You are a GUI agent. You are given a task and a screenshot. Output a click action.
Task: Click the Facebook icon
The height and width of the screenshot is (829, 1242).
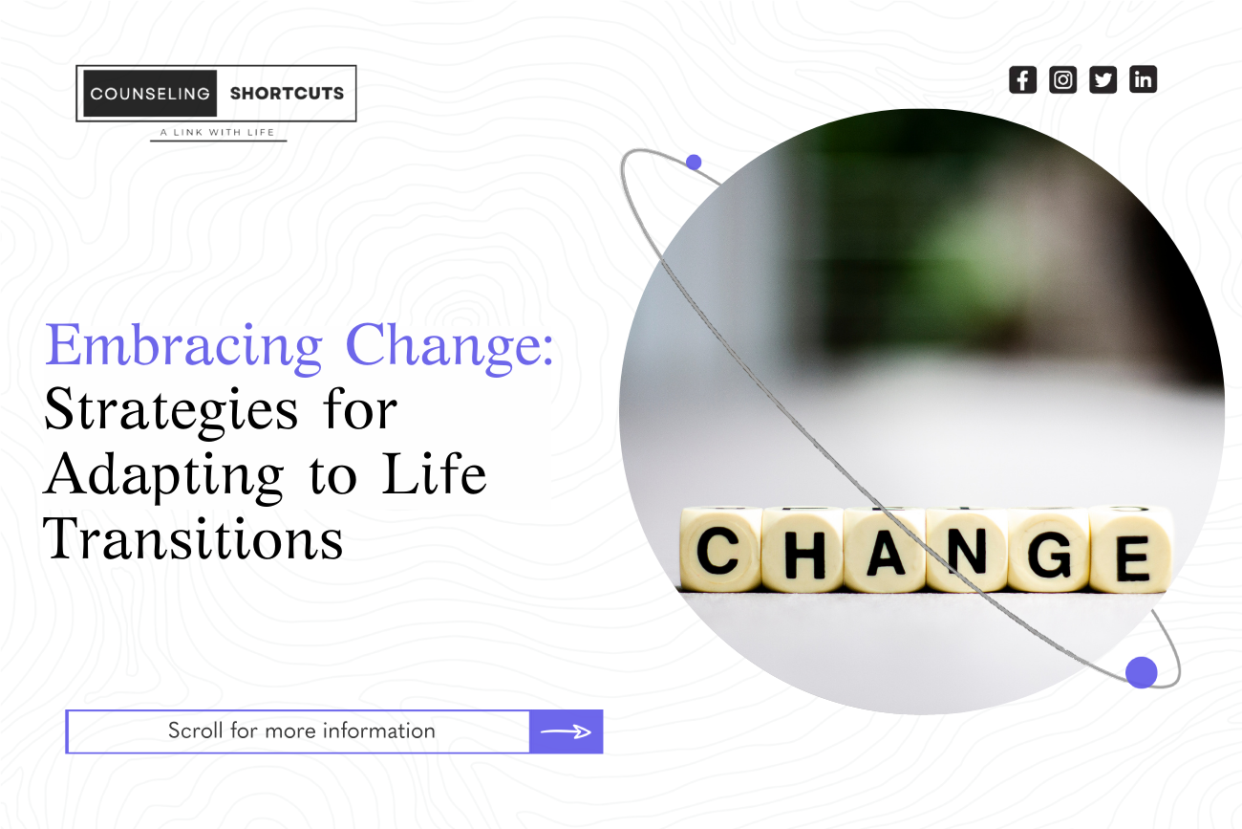click(1022, 79)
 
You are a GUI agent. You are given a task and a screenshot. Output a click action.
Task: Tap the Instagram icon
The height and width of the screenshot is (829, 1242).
click(1062, 79)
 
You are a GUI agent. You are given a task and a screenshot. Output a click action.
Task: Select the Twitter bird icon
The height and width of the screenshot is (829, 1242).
click(1103, 79)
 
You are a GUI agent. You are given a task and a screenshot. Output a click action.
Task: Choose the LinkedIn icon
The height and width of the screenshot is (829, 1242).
click(1143, 79)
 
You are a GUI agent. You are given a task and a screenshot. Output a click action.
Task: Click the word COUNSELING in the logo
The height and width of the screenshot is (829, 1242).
click(150, 94)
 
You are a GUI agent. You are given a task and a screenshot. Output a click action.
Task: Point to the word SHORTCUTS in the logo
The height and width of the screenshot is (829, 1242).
click(287, 94)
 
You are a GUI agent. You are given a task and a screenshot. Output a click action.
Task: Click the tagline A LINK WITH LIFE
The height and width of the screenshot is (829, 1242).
click(218, 132)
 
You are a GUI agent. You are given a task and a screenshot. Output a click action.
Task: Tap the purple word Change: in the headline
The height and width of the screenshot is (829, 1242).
click(450, 346)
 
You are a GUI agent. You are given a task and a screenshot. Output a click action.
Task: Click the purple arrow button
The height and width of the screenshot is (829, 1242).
click(566, 731)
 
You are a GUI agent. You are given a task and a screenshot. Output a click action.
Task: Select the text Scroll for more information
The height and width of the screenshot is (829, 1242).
click(301, 731)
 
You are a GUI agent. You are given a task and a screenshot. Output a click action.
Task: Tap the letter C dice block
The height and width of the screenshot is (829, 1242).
click(719, 551)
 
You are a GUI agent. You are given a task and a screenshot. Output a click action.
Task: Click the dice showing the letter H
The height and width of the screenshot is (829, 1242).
click(802, 551)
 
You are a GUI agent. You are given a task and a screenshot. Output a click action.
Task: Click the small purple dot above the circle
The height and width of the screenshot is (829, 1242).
click(694, 163)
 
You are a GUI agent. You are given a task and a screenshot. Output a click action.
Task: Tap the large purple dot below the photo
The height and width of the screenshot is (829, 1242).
click(1141, 672)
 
